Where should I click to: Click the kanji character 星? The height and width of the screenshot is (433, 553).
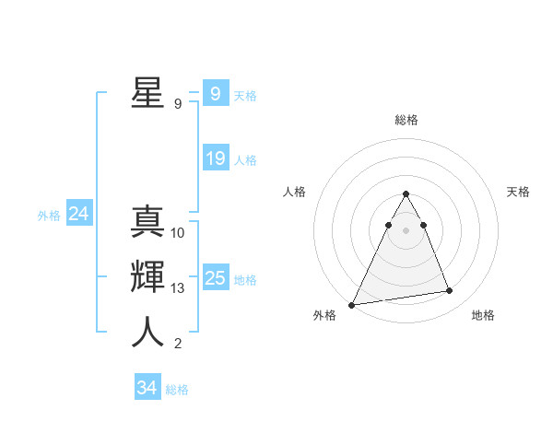click(147, 92)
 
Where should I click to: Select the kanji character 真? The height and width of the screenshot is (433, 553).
click(147, 223)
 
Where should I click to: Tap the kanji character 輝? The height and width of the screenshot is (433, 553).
click(147, 278)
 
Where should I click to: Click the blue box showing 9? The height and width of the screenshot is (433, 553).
click(215, 93)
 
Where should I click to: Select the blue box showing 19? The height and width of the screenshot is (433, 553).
click(216, 158)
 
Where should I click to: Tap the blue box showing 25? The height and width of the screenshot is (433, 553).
click(216, 278)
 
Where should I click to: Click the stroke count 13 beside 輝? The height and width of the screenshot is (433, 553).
click(178, 288)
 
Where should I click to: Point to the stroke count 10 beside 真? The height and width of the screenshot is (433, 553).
click(178, 233)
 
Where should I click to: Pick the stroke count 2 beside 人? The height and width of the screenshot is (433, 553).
click(178, 344)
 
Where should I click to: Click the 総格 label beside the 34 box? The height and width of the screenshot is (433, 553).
click(177, 390)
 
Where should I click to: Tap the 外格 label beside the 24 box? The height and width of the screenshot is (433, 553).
click(49, 216)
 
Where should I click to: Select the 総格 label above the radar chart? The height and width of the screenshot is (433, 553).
click(406, 120)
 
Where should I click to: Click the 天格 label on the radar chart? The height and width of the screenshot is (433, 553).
click(519, 192)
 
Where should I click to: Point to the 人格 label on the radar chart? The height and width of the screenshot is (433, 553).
click(294, 192)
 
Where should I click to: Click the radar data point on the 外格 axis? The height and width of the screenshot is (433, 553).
click(352, 304)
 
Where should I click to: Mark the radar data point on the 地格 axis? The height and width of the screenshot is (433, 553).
click(449, 291)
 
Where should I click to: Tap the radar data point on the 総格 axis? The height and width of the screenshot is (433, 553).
click(406, 193)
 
